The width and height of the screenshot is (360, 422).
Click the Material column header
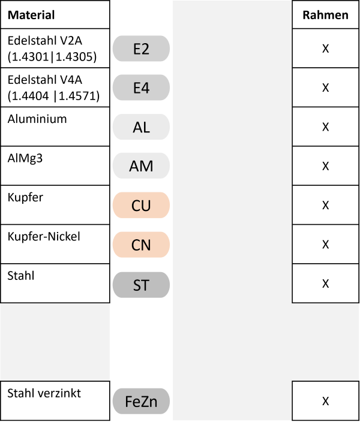[x=31, y=15]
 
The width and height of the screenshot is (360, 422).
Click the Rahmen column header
[x=326, y=15]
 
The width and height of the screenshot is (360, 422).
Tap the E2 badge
[x=141, y=49]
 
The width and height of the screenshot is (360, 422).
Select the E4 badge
[x=141, y=88]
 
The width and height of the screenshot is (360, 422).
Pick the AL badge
[x=141, y=126]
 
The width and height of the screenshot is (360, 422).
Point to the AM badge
[x=141, y=166]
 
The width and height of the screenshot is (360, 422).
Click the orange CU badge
[x=141, y=205]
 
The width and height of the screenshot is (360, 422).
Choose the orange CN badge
[x=141, y=245]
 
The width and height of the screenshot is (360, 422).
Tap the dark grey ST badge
[x=141, y=285]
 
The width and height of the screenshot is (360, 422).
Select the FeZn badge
[x=141, y=401]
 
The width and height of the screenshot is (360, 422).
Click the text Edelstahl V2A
[x=45, y=41]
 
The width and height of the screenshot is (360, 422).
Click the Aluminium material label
[x=37, y=119]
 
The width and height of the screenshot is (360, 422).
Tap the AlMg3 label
[x=25, y=158]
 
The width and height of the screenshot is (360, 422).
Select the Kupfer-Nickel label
[x=44, y=236]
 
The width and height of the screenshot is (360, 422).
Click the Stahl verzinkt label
[x=44, y=393]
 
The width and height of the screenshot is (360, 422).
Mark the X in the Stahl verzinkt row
[x=326, y=401]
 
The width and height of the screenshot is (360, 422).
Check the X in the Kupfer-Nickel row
[x=326, y=245]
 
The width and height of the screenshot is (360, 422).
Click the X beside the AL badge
[x=326, y=126]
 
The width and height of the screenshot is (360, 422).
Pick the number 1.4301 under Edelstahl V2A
[x=30, y=57]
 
